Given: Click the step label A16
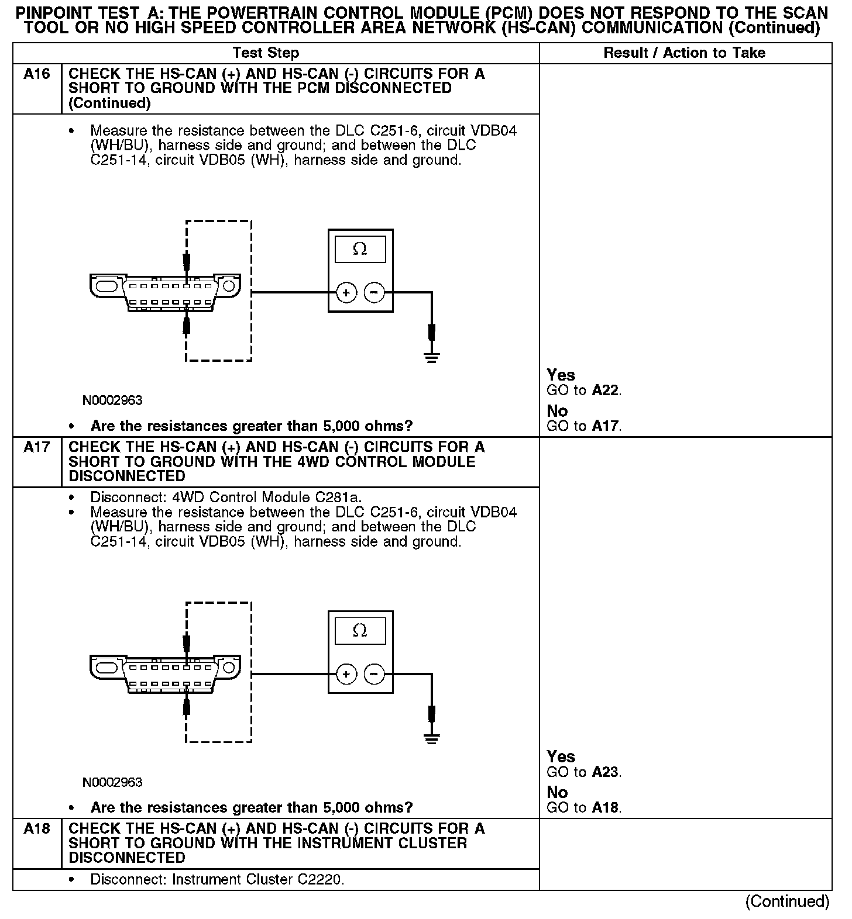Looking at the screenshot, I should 36,74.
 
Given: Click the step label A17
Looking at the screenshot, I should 36,447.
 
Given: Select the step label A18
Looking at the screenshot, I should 36,829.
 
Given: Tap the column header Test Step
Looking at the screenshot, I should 266,53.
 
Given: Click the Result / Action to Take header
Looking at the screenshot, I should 684,53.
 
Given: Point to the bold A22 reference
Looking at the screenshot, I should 605,391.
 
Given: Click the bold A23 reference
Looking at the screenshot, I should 605,772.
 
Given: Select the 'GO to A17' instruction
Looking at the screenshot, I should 583,426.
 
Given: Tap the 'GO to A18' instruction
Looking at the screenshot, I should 583,808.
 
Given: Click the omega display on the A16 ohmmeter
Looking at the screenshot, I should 360,250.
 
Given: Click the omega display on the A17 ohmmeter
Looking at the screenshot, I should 360,631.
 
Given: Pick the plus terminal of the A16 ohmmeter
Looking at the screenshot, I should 346,292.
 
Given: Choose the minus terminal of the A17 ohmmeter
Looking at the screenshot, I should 375,674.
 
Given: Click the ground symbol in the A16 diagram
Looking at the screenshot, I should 432,357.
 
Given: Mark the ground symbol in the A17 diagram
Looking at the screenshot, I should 432,738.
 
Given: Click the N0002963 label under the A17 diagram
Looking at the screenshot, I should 112,782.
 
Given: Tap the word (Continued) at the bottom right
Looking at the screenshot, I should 787,901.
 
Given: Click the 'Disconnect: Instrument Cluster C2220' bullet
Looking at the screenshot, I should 217,880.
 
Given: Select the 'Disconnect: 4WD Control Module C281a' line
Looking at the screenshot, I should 226,497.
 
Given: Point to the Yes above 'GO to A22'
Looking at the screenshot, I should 561,375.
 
